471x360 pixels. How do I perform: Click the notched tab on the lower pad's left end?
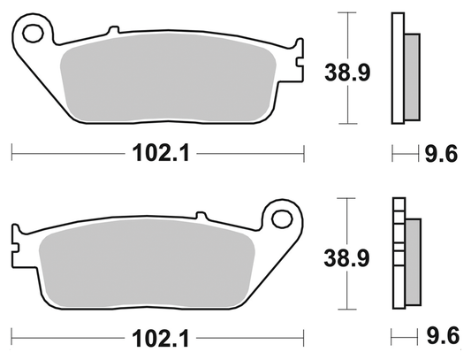coord(17,237)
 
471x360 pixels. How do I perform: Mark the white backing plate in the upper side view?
coord(397,66)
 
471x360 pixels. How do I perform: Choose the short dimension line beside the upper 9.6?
coord(404,154)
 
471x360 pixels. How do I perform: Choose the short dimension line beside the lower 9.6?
coord(404,337)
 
